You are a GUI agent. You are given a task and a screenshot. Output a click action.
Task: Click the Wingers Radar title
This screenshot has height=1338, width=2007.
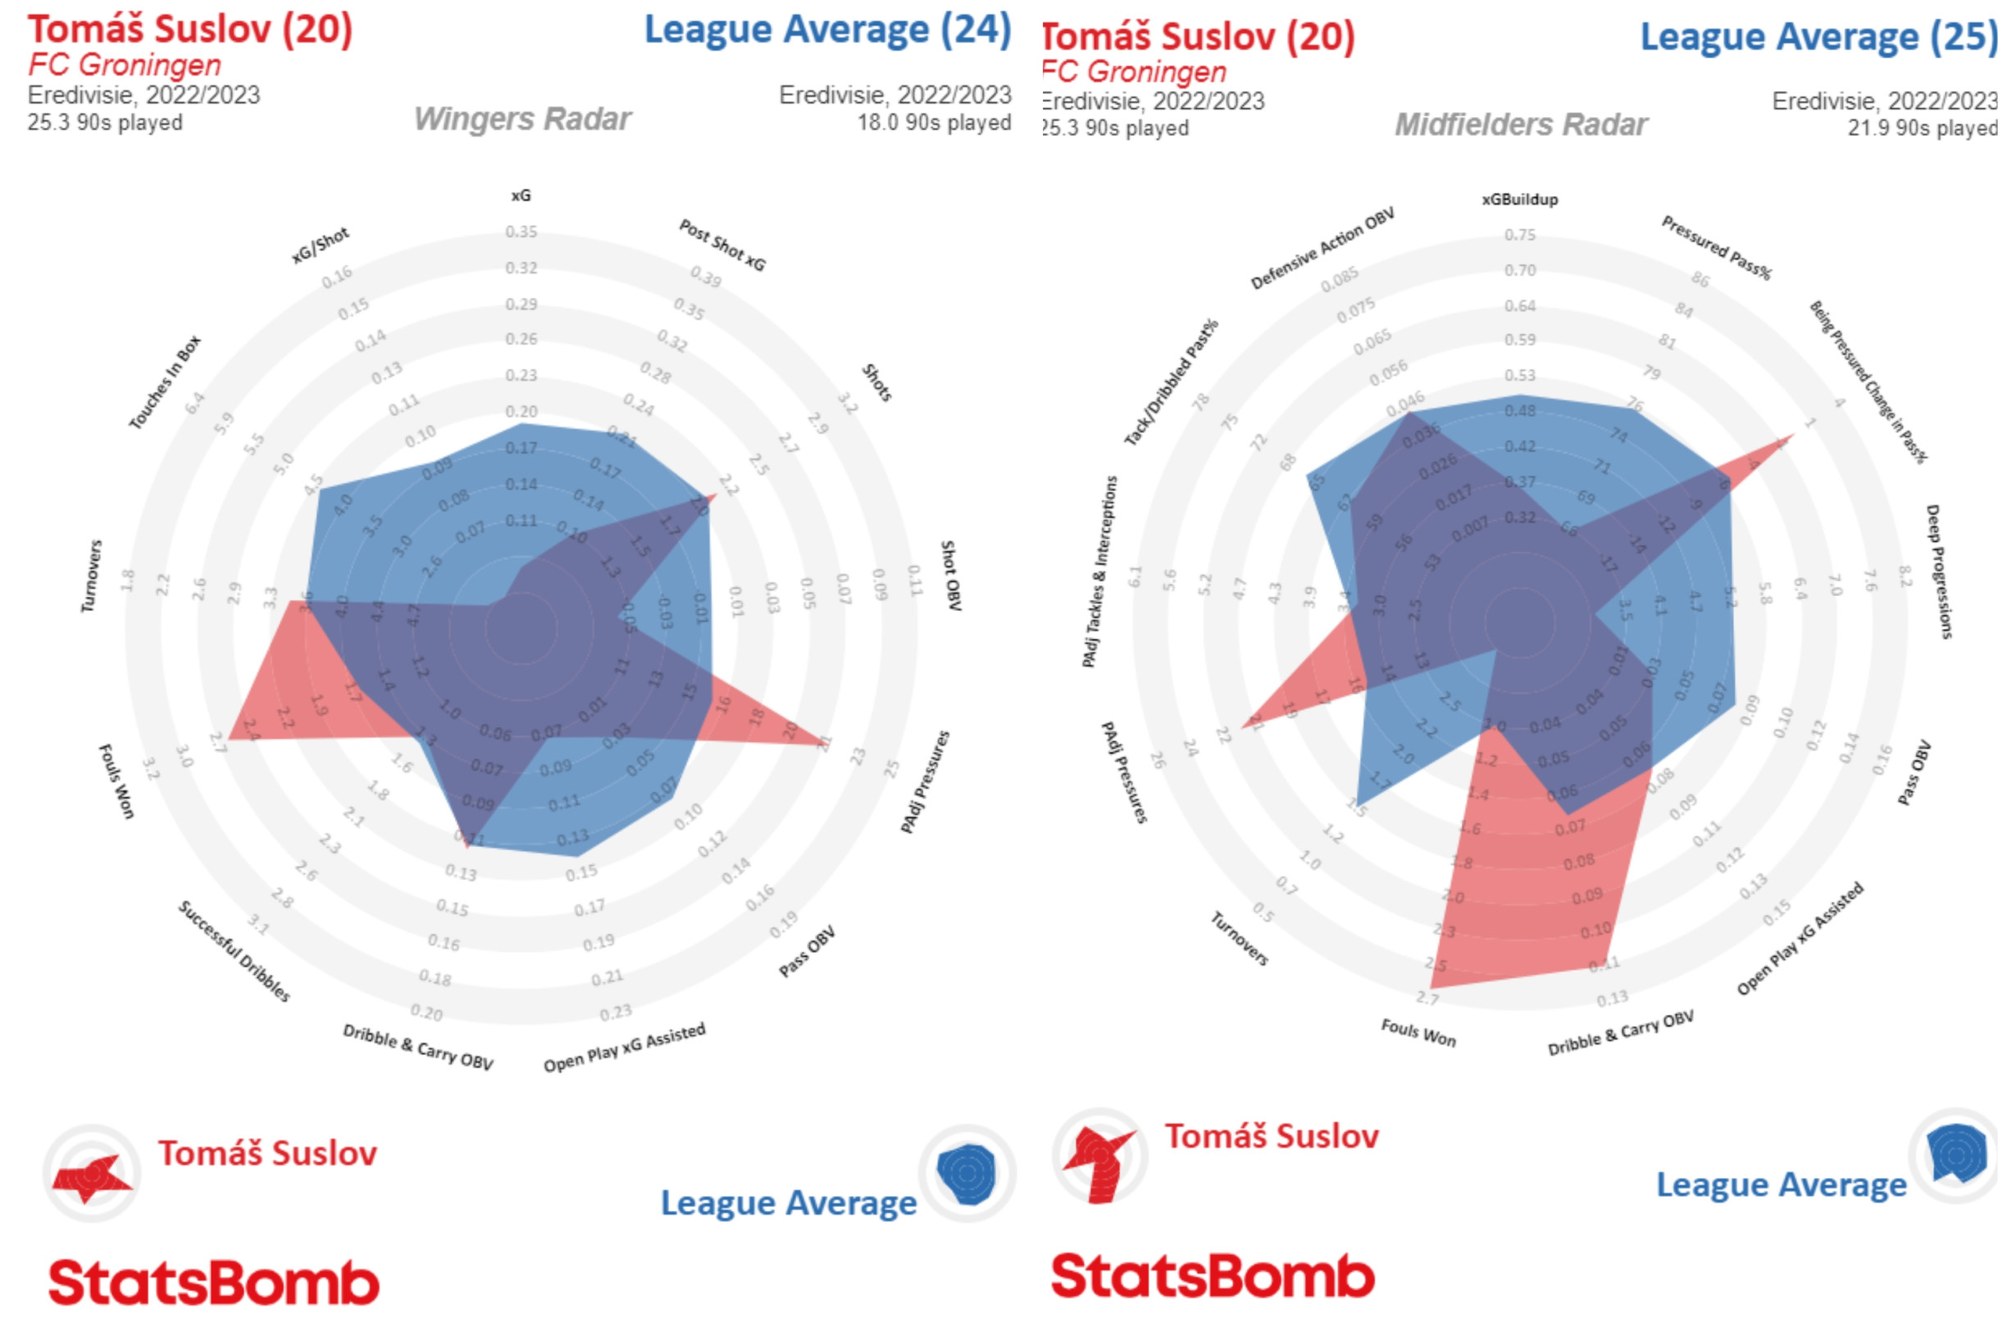click(522, 119)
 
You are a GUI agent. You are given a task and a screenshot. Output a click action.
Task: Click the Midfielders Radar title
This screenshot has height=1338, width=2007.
click(1521, 125)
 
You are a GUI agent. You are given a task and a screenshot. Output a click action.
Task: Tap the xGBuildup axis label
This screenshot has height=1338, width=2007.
click(1520, 199)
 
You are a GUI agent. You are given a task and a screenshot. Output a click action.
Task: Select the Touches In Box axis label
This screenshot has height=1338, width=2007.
click(165, 381)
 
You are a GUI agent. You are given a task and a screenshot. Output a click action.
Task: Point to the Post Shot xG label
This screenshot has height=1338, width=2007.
click(722, 244)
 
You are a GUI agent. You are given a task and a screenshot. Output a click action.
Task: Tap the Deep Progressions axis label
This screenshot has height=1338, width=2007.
click(1938, 571)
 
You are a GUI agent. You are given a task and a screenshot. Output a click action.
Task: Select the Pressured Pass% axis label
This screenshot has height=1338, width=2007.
click(1716, 248)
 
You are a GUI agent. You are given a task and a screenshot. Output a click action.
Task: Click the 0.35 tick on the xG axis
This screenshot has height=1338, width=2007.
click(521, 231)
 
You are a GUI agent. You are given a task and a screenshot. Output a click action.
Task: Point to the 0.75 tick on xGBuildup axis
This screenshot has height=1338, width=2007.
click(1520, 234)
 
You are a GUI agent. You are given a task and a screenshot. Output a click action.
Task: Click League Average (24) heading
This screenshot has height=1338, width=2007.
click(827, 29)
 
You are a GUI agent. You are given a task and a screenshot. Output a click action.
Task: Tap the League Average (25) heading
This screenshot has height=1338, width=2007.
click(1818, 36)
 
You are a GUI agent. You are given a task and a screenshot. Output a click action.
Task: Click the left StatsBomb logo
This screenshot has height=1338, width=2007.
click(213, 1281)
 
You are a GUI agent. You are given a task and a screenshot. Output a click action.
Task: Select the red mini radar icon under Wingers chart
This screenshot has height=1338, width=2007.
click(92, 1175)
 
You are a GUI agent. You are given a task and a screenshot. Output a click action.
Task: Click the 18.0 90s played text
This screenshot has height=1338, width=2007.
click(935, 123)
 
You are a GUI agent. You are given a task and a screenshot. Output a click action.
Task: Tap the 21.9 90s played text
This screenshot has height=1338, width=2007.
click(1922, 128)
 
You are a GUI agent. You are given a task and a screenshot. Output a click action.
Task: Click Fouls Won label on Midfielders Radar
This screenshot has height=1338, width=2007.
click(1418, 1032)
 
